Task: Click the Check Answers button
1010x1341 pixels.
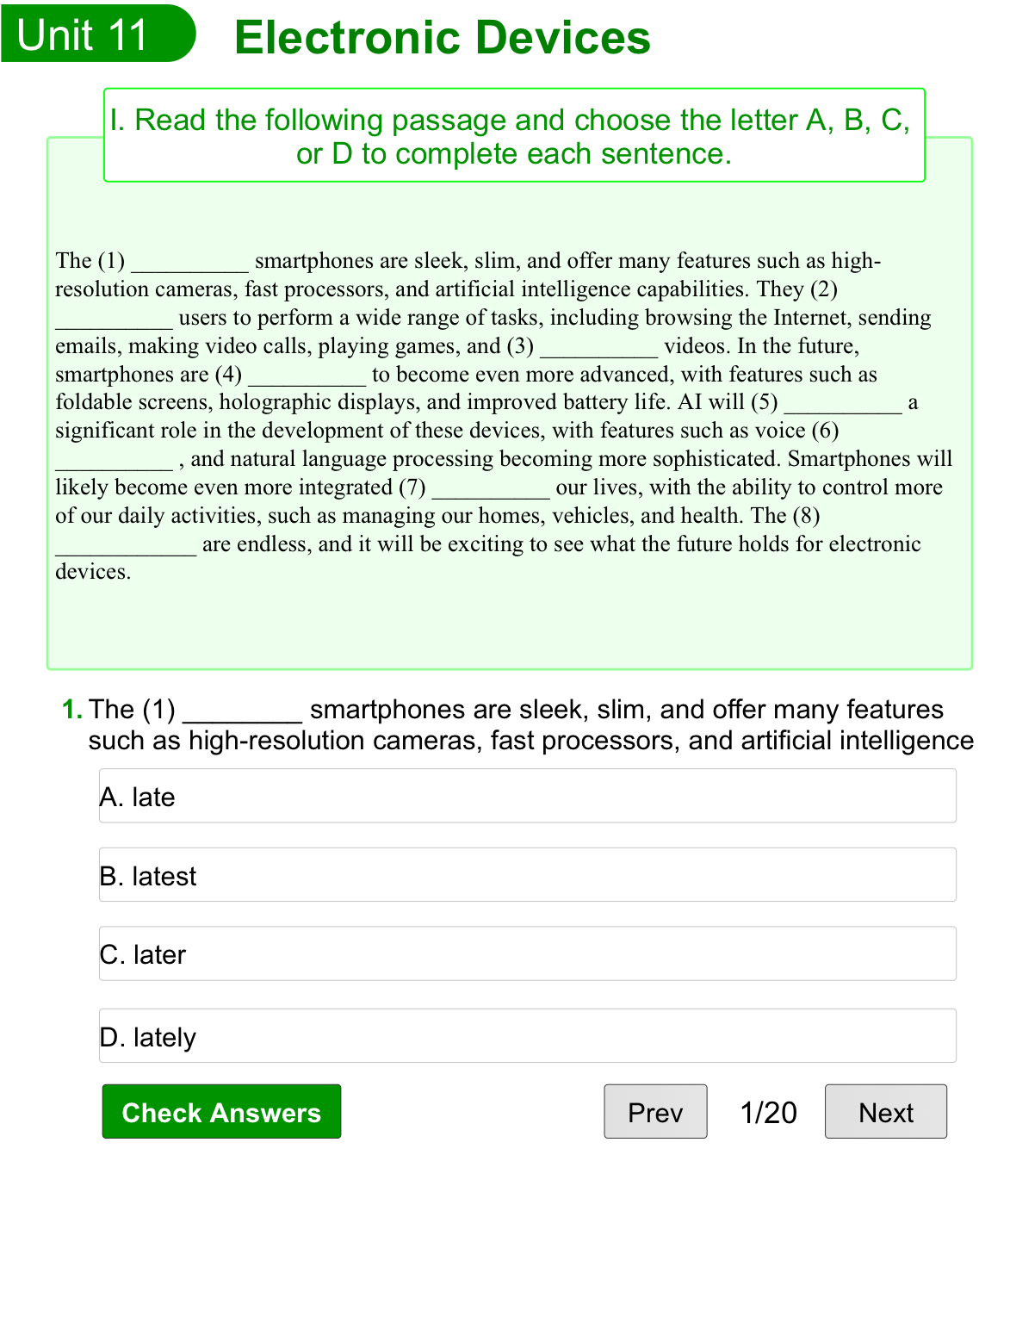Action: pyautogui.click(x=221, y=1112)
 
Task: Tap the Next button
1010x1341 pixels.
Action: pyautogui.click(x=885, y=1112)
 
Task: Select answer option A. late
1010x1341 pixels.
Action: pyautogui.click(x=527, y=797)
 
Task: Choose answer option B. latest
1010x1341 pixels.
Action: pyautogui.click(x=527, y=875)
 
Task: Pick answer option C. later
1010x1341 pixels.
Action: pyautogui.click(x=527, y=954)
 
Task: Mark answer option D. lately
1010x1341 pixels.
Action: pyautogui.click(x=527, y=1036)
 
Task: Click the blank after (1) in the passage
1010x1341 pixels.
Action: pyautogui.click(x=189, y=262)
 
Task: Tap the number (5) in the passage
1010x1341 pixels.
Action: pyautogui.click(x=765, y=402)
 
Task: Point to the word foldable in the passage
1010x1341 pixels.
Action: pyautogui.click(x=90, y=402)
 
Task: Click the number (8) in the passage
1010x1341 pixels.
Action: pyautogui.click(x=806, y=516)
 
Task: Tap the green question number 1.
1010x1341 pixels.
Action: pyautogui.click(x=72, y=710)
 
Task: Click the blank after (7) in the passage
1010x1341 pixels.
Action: pyautogui.click(x=490, y=487)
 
